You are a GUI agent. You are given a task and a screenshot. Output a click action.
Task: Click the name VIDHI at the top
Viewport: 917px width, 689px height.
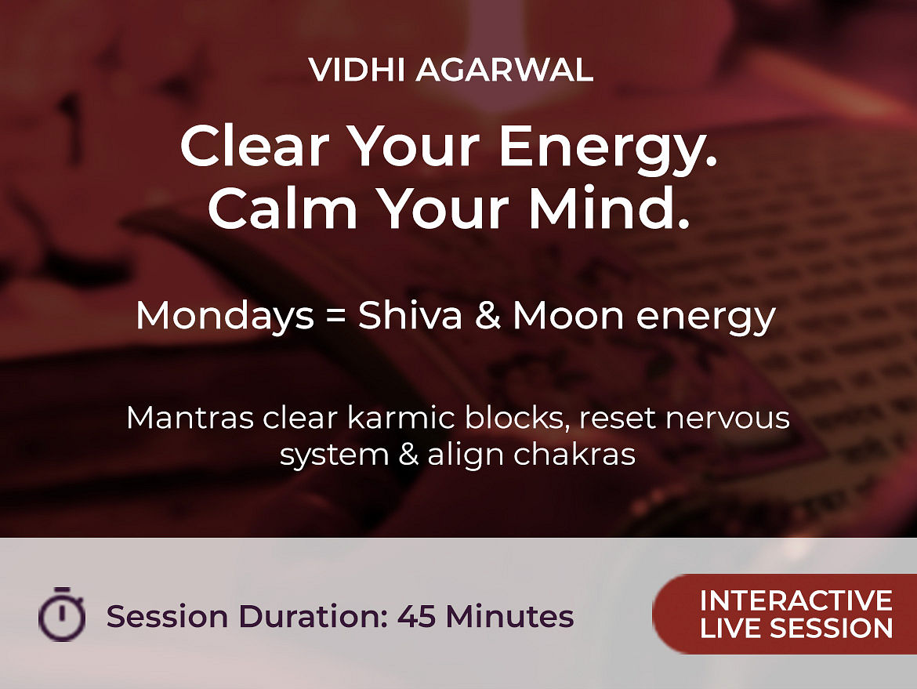point(357,71)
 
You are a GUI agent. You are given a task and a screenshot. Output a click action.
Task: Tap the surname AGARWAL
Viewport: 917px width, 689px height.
point(505,71)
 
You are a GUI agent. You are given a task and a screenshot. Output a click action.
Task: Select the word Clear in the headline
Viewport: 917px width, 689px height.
point(255,146)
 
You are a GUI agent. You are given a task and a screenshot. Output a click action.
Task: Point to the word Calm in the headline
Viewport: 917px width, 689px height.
point(283,208)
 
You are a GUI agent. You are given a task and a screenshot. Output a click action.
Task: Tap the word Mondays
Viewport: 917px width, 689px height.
point(225,316)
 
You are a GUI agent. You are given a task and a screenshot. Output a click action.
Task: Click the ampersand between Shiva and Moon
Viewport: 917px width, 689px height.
point(487,316)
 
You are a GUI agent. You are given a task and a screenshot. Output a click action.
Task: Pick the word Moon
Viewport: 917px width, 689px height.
point(569,316)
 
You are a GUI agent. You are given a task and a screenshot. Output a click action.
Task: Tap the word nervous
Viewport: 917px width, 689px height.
point(727,419)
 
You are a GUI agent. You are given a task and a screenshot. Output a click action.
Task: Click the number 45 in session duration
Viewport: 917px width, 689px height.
point(416,616)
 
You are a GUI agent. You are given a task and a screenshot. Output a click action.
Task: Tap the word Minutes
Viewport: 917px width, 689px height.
point(509,616)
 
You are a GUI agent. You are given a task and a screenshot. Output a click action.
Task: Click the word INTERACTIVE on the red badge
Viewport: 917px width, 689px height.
point(796,600)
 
